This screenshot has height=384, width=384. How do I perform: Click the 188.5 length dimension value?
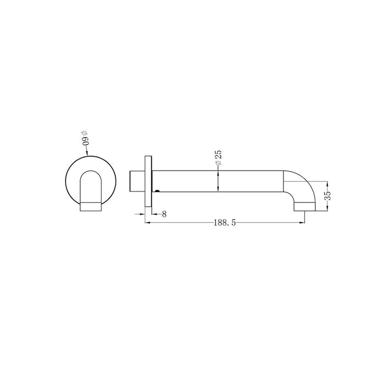point(224,223)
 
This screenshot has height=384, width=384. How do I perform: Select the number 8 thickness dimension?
point(164,214)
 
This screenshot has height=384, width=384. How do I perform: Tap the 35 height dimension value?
point(327,195)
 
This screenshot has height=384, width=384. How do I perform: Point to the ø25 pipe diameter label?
point(218,158)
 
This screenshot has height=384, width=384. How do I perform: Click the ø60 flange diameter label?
point(85,138)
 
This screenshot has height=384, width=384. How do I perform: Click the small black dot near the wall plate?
point(157,190)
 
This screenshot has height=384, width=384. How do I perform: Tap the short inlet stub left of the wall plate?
point(137,181)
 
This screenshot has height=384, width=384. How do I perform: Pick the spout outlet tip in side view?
point(304,206)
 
